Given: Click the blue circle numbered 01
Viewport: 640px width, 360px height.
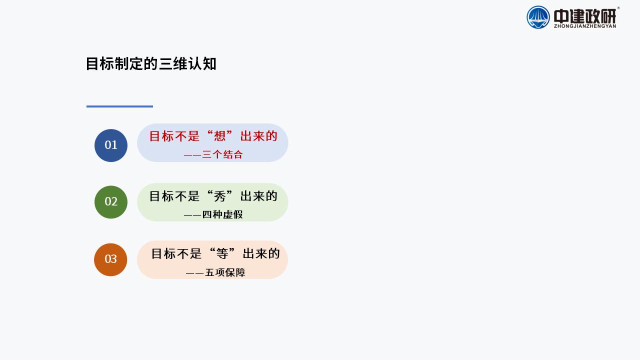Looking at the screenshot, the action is (x=111, y=145).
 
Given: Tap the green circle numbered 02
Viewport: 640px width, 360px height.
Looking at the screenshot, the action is (x=111, y=202).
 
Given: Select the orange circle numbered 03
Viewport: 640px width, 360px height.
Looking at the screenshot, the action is (x=110, y=259).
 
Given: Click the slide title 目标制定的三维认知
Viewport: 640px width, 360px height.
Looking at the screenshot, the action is (x=151, y=63).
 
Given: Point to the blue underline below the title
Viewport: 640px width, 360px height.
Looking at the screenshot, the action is (x=119, y=106).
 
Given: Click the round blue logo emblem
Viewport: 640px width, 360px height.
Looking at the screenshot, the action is (x=538, y=17).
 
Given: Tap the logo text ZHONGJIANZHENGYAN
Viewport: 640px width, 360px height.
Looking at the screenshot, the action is (x=585, y=26).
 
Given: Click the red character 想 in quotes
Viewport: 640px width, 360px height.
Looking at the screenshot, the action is (x=219, y=136).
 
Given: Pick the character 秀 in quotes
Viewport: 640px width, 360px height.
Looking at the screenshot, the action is (x=219, y=196).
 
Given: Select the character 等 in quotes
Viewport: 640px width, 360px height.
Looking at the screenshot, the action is (x=222, y=253).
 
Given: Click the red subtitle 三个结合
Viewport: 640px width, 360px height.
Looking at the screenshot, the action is (x=222, y=154).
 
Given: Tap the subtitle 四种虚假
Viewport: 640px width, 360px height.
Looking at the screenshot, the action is (x=222, y=214).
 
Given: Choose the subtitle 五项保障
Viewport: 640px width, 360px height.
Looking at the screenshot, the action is (x=225, y=272).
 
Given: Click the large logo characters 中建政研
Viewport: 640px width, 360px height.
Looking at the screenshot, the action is (x=585, y=16).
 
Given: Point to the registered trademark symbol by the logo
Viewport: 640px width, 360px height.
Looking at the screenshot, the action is (x=618, y=8).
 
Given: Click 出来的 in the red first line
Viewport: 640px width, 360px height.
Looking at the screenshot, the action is (x=259, y=136).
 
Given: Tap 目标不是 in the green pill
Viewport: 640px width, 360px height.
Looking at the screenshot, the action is (x=174, y=196).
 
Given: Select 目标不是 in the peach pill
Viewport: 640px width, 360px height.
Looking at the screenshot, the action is (x=176, y=253).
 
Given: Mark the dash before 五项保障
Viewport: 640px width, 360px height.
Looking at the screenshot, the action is (x=195, y=273).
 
